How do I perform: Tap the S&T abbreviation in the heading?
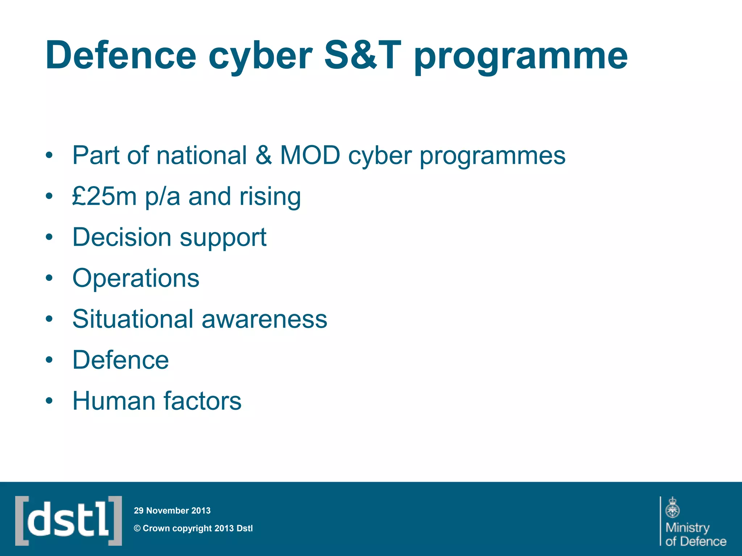362,55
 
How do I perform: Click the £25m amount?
104,197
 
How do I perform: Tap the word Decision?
122,237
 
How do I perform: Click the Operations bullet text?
136,278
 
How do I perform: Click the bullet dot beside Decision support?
49,238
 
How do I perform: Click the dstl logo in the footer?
68,521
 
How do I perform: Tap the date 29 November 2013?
172,511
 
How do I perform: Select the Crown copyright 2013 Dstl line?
193,528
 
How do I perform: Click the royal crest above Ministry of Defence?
672,507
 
